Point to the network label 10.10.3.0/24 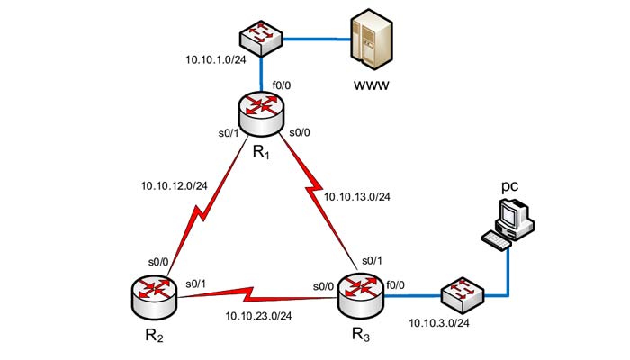pos(440,321)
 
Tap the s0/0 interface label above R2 pos(160,261)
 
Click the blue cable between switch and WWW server pos(316,38)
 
